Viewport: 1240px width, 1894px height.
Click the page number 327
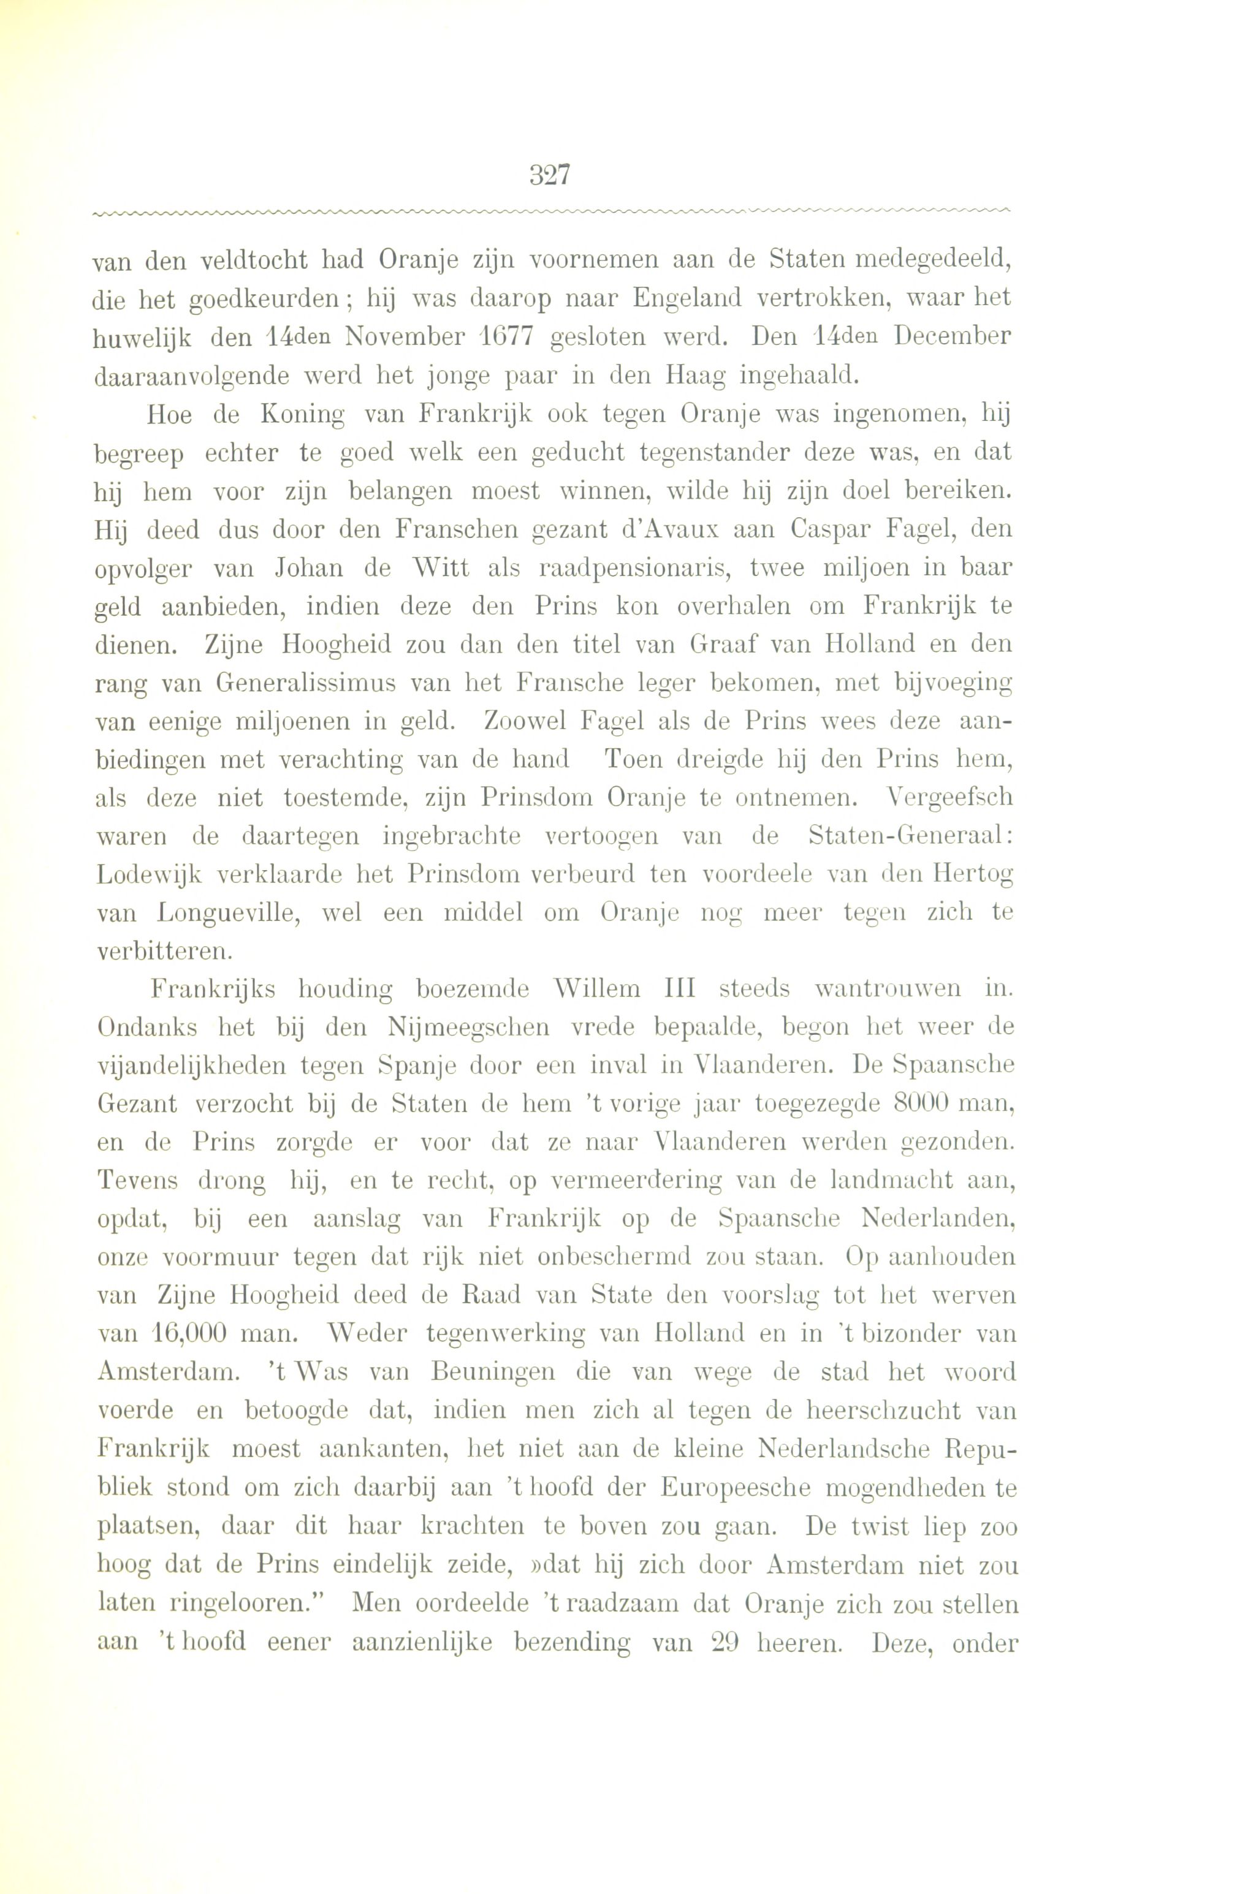(549, 174)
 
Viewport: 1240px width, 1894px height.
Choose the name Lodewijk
(150, 874)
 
